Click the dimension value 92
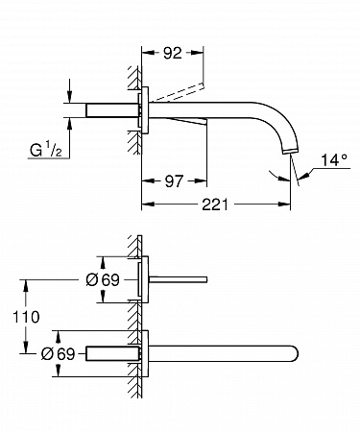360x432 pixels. [x=173, y=53]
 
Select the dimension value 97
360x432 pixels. [x=174, y=181]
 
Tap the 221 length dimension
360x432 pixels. [x=215, y=204]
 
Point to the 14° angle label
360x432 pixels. [x=334, y=160]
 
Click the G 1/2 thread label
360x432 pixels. [x=46, y=150]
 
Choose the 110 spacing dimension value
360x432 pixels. [x=26, y=317]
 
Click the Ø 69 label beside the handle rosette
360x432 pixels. [x=103, y=280]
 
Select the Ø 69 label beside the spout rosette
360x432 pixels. [x=58, y=353]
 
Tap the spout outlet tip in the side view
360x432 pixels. [x=289, y=151]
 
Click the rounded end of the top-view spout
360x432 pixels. [x=295, y=353]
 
